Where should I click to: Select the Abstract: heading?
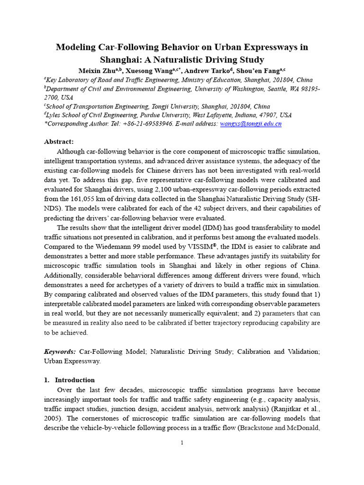(59, 142)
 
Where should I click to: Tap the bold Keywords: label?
(60, 351)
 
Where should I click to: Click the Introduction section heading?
(75, 380)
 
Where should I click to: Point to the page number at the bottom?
(182, 443)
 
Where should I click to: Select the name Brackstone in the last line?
(266, 428)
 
